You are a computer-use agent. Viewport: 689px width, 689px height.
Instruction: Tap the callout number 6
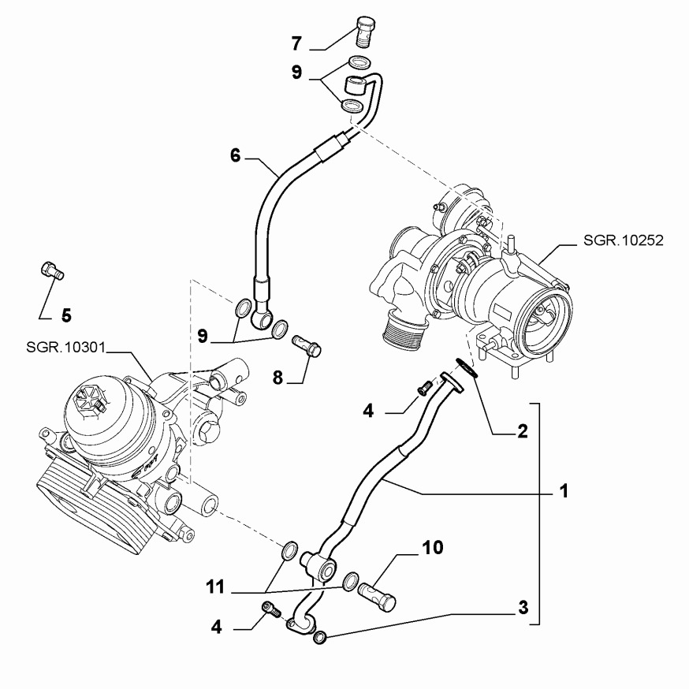tap(235, 155)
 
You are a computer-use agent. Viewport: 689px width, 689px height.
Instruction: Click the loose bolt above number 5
tap(51, 272)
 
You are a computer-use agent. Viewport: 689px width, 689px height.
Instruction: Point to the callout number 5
tap(66, 315)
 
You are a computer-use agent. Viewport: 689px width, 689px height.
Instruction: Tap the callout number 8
tap(277, 378)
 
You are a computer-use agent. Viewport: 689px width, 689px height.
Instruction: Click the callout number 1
tap(564, 491)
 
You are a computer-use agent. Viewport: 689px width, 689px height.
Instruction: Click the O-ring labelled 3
tap(320, 635)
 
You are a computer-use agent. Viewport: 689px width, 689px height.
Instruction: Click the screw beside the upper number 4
tap(423, 386)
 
